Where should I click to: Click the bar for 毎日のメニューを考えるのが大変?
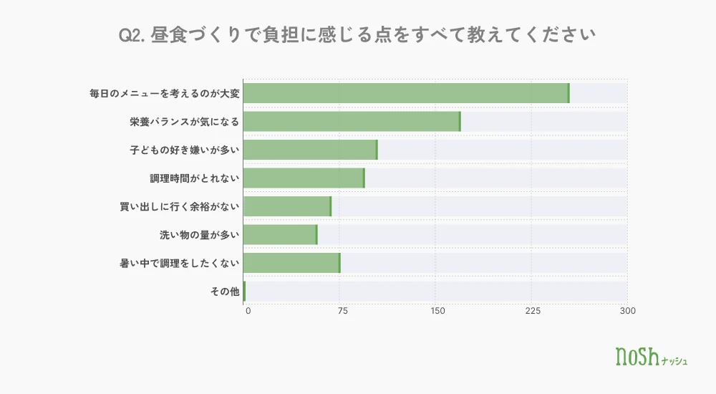407,93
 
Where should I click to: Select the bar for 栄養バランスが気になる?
352,122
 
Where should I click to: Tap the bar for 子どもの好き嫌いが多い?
311,150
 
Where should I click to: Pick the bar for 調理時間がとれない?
304,178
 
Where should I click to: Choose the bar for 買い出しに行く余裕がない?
288,206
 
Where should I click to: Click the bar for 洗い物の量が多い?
281,235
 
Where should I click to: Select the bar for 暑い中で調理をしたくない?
292,264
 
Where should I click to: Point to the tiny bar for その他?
244,292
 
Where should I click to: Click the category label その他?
225,292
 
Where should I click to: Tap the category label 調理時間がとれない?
195,178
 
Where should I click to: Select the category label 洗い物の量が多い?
200,235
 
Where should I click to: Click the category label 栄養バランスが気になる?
185,122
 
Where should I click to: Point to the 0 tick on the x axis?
248,312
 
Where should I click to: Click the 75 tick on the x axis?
342,312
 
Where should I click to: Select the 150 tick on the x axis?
437,312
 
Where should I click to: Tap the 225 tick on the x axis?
533,312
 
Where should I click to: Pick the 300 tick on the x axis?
628,312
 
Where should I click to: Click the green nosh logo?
637,357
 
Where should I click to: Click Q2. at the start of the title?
132,35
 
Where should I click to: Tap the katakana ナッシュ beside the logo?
674,361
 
